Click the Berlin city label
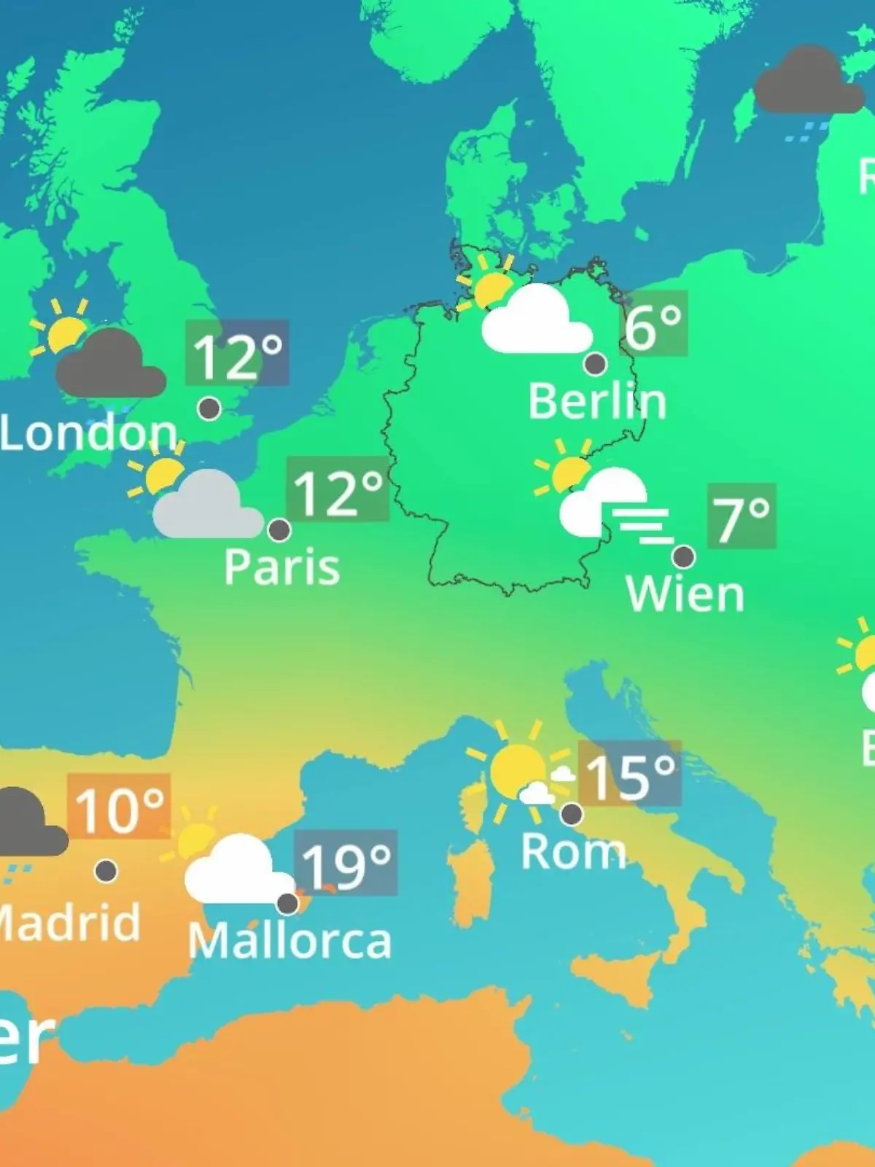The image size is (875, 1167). tap(597, 402)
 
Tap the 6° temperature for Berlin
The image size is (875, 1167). tap(653, 325)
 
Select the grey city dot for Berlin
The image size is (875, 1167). tap(596, 363)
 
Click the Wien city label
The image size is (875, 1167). tap(685, 594)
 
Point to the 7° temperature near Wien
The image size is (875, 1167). tap(741, 517)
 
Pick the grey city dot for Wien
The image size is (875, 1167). tap(683, 557)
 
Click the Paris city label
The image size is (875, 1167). tap(281, 567)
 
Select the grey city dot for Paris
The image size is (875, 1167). tap(279, 530)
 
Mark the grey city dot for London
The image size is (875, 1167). tap(209, 408)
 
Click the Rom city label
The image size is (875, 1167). tap(573, 851)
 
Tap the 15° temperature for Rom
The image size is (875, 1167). tap(630, 775)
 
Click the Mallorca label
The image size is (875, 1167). tap(289, 941)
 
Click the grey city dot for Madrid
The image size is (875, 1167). tap(106, 870)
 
